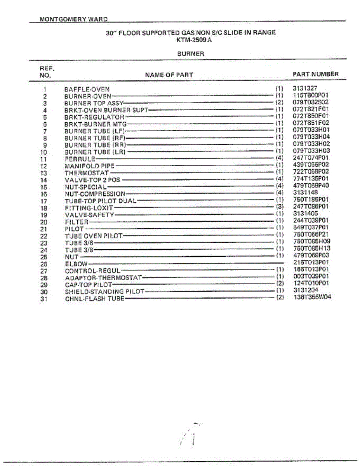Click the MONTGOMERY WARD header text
pyautogui.click(x=74, y=19)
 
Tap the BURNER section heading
pyautogui.click(x=191, y=54)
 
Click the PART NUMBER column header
pyautogui.click(x=315, y=74)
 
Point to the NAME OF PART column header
pyautogui.click(x=169, y=75)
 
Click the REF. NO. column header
pyautogui.click(x=45, y=71)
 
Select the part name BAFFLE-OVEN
pyautogui.click(x=87, y=89)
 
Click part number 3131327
pyautogui.click(x=305, y=89)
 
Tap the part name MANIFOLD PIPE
pyautogui.click(x=90, y=166)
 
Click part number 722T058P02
pyautogui.click(x=311, y=172)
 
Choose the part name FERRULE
pyautogui.click(x=80, y=159)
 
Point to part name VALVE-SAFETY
pyautogui.click(x=89, y=215)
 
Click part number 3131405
pyautogui.click(x=305, y=214)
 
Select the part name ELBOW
pyautogui.click(x=76, y=264)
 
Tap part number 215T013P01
pyautogui.click(x=311, y=263)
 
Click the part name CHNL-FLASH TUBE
pyautogui.click(x=94, y=299)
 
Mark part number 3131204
pyautogui.click(x=305, y=290)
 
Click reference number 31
pyautogui.click(x=43, y=299)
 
